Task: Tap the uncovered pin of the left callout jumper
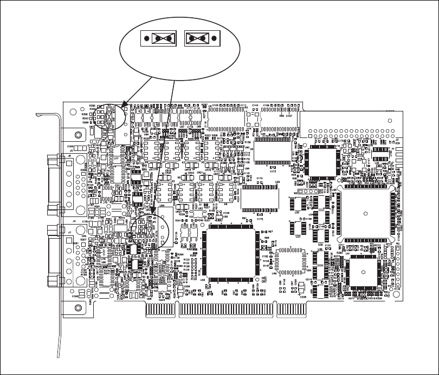pyautogui.click(x=146, y=38)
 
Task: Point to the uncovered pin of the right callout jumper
pyautogui.click(x=214, y=38)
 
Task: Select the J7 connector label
pyautogui.click(x=69, y=232)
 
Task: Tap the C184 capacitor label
pyautogui.click(x=70, y=146)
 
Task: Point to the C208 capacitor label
pyautogui.click(x=304, y=297)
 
